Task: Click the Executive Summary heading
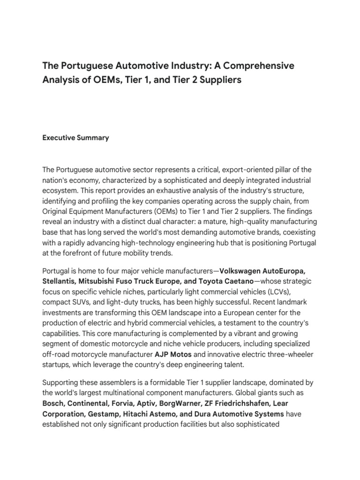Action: pos(75,138)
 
